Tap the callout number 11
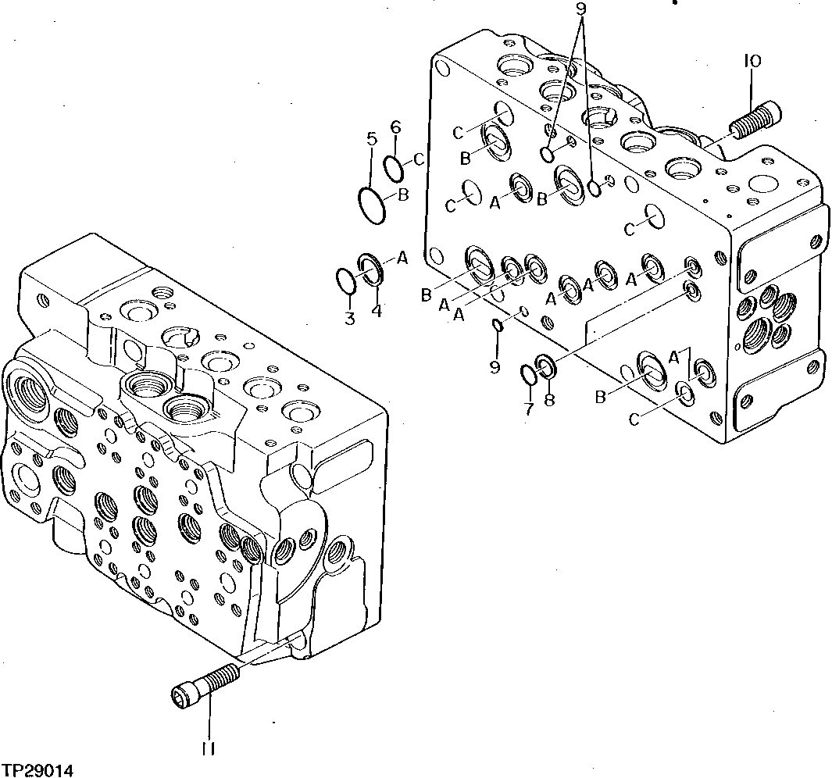207,748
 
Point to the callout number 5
371,140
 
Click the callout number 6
395,127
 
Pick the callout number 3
349,318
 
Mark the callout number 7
528,409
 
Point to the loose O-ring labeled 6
395,166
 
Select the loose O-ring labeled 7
529,375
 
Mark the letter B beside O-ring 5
403,195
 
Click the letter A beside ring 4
402,256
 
